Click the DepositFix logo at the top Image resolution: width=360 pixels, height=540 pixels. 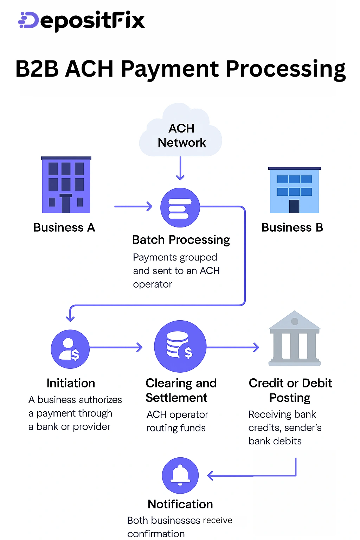pos(82,21)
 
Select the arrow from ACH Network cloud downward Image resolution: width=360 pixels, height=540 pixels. pos(180,169)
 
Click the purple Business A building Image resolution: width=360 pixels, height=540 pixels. pos(66,185)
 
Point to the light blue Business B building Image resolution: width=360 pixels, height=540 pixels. pos(295,190)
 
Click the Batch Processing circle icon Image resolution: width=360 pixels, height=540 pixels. pos(180,207)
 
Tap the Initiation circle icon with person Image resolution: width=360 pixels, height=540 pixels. pos(70,349)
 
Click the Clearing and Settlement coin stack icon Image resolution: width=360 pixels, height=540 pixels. pos(180,346)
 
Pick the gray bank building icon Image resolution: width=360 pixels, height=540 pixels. pos(295,339)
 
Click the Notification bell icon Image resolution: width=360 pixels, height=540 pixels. pos(180,475)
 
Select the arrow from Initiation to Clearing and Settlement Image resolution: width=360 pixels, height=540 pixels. pos(116,348)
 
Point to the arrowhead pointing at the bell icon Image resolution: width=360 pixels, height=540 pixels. pos(211,476)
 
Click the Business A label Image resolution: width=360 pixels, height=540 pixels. pos(64,227)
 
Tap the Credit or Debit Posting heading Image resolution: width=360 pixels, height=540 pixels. pos(290,390)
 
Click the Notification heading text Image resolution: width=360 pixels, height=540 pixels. pos(180,504)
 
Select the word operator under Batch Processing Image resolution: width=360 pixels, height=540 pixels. pos(152,284)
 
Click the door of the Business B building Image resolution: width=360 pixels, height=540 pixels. pos(294,206)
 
